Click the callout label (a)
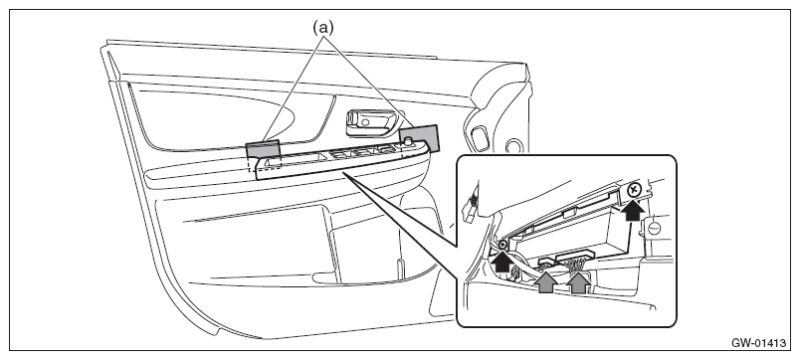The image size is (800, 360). [323, 28]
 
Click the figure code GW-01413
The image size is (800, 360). [758, 343]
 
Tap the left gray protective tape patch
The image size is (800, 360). [264, 149]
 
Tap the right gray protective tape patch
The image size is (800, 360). [419, 137]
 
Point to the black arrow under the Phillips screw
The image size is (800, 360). [633, 211]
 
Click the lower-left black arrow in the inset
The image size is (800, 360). [503, 262]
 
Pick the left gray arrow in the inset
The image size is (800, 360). [547, 282]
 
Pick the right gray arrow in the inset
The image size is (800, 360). [578, 282]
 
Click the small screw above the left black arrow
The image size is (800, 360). [502, 246]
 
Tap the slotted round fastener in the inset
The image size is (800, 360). [654, 227]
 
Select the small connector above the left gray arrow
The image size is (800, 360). [547, 263]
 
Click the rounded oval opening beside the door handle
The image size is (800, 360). [479, 139]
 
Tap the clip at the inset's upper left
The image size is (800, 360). [470, 207]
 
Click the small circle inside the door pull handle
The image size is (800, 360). [365, 122]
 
